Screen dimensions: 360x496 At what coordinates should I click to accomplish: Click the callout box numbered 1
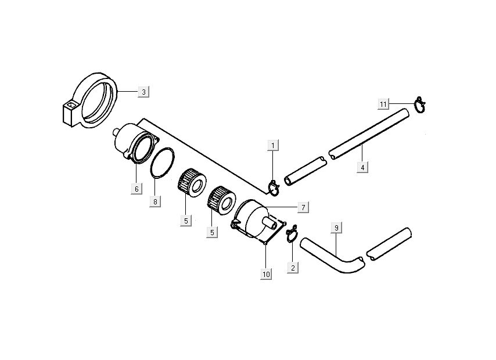(x=273, y=145)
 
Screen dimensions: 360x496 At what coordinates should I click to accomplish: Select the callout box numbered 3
(x=143, y=91)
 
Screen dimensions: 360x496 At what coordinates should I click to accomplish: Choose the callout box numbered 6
(x=136, y=189)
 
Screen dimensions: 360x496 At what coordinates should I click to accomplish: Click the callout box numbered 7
(x=303, y=206)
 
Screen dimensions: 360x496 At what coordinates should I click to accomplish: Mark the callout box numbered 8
(x=156, y=201)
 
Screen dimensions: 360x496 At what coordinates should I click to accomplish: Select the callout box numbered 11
(x=383, y=103)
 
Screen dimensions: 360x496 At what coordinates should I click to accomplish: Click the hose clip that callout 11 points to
(x=420, y=105)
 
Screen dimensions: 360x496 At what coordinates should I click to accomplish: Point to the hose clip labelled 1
(x=274, y=186)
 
